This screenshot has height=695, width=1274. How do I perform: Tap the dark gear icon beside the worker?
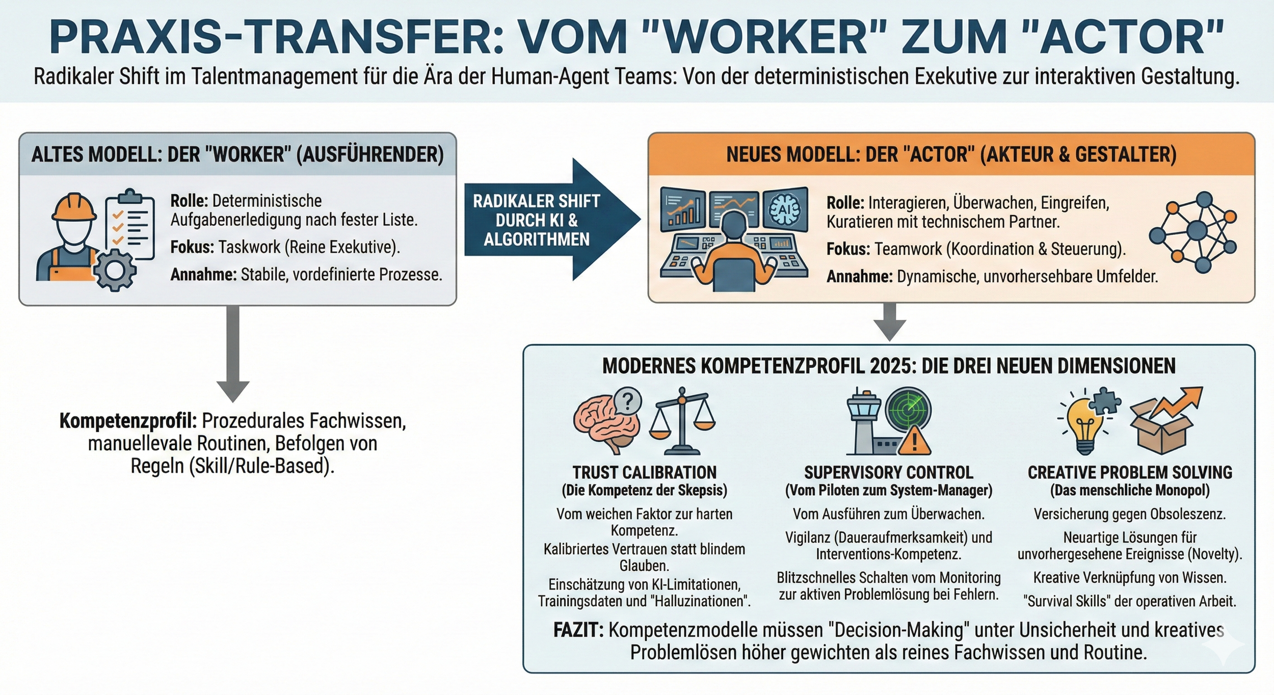(115, 271)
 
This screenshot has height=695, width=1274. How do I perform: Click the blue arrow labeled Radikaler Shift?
(550, 220)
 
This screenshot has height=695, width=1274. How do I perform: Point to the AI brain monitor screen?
(785, 209)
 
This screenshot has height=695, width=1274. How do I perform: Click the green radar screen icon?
(908, 411)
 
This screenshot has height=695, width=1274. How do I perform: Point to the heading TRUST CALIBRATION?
(644, 472)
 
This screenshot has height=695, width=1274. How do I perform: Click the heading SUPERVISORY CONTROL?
(889, 472)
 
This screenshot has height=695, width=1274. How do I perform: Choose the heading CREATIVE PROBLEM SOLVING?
(1130, 472)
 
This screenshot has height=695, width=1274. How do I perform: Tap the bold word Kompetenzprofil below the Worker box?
(128, 421)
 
